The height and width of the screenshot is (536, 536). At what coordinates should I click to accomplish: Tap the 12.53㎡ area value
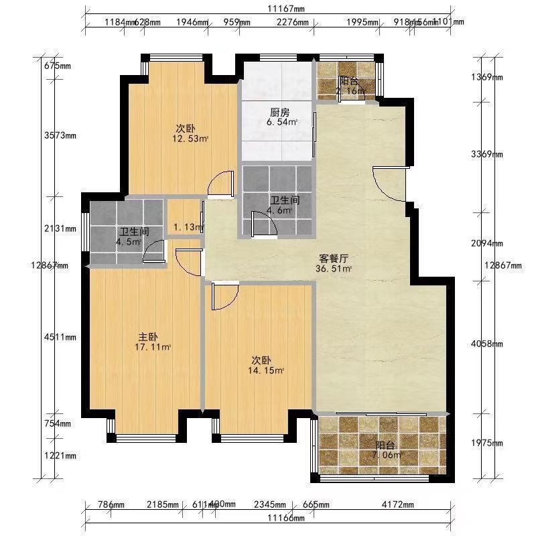[x=190, y=139]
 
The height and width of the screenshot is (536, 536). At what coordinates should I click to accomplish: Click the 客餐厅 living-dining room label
[x=332, y=258]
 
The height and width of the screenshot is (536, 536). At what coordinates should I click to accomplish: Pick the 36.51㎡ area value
[x=334, y=269]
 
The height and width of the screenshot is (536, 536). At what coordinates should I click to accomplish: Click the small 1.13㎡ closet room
[x=188, y=227]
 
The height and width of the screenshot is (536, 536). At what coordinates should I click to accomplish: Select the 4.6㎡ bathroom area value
[x=281, y=210]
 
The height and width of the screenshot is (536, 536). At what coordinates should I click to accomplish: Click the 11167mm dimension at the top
[x=285, y=9]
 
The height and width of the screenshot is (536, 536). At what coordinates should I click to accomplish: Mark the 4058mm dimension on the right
[x=487, y=344]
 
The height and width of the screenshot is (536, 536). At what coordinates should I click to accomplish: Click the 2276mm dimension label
[x=293, y=22]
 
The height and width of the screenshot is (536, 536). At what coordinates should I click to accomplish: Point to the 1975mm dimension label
[x=487, y=443]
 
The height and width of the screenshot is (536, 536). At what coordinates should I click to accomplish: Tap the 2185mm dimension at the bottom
[x=163, y=505]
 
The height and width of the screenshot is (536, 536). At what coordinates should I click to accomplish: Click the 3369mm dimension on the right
[x=487, y=154]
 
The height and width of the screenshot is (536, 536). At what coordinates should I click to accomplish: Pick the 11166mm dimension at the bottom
[x=285, y=518]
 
